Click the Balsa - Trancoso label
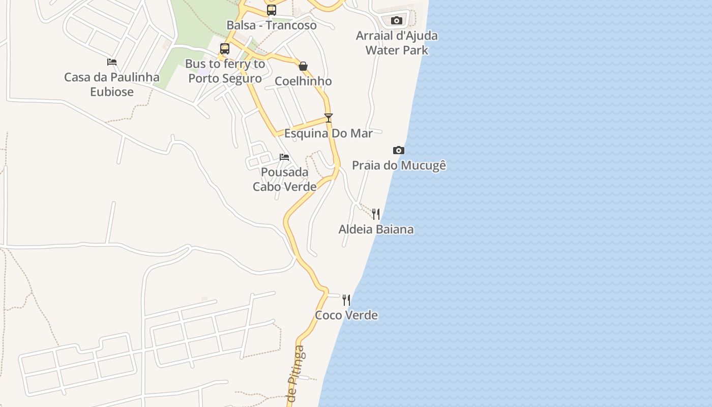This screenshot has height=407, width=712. (272, 25)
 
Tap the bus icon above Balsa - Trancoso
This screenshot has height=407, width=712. (272, 10)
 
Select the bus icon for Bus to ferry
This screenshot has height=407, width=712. (225, 49)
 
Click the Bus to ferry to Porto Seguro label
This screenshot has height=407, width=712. (225, 71)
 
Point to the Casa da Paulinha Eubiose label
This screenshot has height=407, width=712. (112, 84)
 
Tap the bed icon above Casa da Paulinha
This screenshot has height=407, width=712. (112, 62)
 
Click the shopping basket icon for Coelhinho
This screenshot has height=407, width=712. (303, 66)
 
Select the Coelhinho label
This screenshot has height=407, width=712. (303, 81)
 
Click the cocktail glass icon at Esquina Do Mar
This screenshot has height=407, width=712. (329, 118)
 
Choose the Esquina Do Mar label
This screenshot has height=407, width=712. (329, 133)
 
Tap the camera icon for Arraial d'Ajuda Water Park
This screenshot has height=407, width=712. (397, 21)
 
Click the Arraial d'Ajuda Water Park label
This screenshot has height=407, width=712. (397, 43)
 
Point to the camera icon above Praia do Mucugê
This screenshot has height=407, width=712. (399, 150)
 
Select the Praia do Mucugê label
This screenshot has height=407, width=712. (399, 165)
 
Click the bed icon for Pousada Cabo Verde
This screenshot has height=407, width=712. (284, 157)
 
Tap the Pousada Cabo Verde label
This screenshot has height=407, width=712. (284, 179)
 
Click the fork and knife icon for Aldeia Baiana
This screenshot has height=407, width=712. (376, 214)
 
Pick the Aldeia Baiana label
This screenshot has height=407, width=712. (376, 229)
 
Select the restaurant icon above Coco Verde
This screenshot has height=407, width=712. (346, 300)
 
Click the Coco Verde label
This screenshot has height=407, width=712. (346, 315)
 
